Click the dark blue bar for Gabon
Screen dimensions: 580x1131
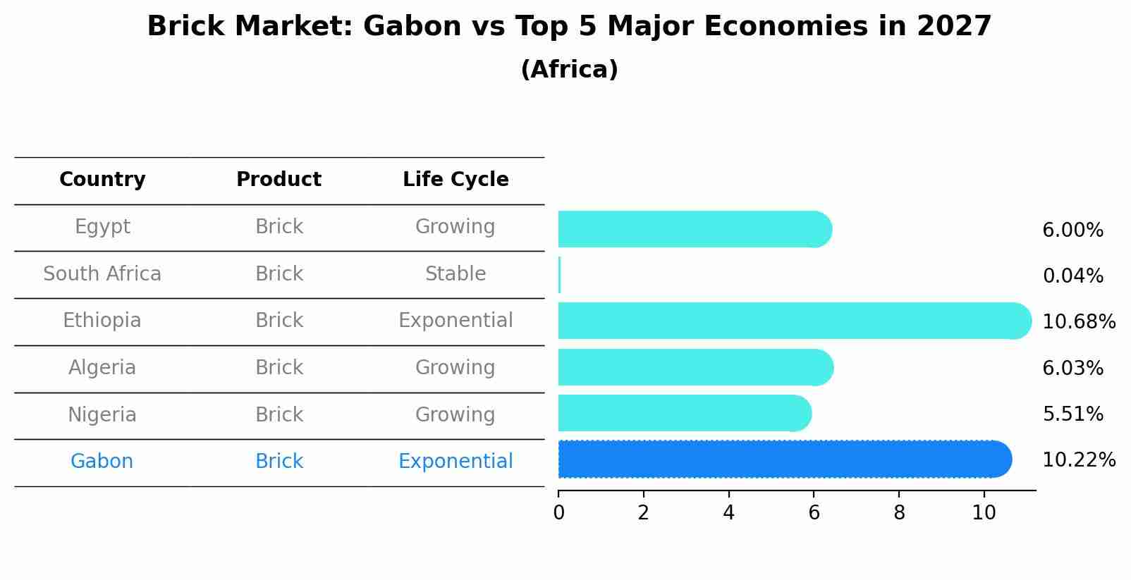tap(783, 459)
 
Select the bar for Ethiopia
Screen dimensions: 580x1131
tap(793, 321)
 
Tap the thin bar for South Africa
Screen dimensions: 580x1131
tap(559, 275)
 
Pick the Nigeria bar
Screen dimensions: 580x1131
tap(684, 413)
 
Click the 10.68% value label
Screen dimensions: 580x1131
tap(1078, 322)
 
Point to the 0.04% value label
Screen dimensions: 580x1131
tap(1072, 276)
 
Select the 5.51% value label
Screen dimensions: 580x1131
tap(1072, 414)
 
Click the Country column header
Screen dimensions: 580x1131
tap(102, 180)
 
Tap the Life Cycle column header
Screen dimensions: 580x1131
tap(456, 180)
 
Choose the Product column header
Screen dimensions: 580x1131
tap(279, 180)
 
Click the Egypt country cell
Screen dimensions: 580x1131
tap(102, 227)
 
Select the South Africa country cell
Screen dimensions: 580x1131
tap(102, 274)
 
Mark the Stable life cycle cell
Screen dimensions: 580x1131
tap(456, 274)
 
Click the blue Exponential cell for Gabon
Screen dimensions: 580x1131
tap(456, 462)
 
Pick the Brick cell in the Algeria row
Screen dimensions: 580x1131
tap(279, 368)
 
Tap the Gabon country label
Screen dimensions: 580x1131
tap(102, 462)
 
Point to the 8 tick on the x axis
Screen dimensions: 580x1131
tap(899, 513)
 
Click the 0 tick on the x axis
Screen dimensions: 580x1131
tap(558, 513)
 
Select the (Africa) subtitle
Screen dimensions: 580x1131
tap(569, 70)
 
